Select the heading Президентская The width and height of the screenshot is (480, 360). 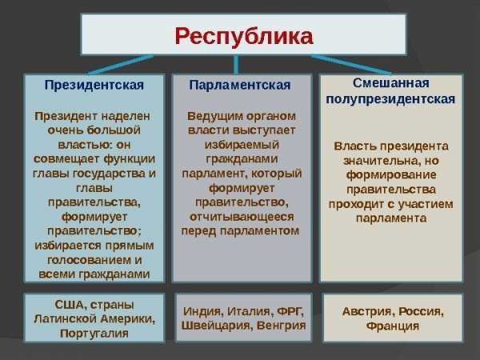point(94,86)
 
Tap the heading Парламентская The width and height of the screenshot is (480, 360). point(240,86)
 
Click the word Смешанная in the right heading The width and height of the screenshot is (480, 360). point(391,83)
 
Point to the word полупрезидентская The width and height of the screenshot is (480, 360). point(390,99)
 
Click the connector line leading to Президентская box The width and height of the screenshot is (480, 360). point(121,65)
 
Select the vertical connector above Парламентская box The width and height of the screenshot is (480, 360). point(236,65)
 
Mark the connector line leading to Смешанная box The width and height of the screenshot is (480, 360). point(351,65)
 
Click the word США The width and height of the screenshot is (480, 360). point(69,305)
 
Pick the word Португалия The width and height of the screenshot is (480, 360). point(94,334)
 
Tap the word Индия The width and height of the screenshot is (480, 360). point(202,312)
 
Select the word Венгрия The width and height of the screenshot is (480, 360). point(281,326)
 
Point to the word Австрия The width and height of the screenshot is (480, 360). point(366,312)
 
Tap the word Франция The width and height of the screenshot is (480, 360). point(393,326)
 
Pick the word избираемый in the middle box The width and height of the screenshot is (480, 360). point(242,145)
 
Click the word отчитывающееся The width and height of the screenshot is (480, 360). point(242,217)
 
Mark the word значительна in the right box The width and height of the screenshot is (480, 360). point(378,161)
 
